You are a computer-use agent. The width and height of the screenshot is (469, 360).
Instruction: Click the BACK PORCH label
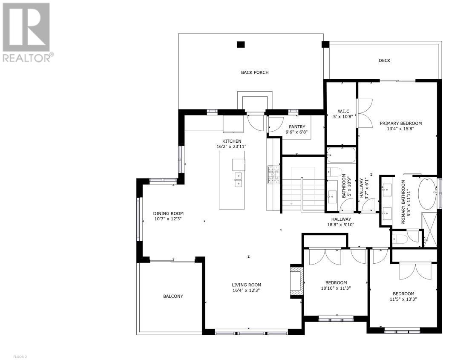pyautogui.click(x=255, y=72)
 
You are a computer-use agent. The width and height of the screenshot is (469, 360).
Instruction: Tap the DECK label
pyautogui.click(x=384, y=60)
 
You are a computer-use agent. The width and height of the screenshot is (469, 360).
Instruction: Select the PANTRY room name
pyautogui.click(x=297, y=127)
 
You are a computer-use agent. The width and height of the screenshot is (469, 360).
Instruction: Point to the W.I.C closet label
pyautogui.click(x=341, y=111)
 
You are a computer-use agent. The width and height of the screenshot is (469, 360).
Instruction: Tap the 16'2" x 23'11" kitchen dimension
pyautogui.click(x=231, y=147)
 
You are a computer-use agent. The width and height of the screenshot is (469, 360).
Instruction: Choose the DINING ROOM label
pyautogui.click(x=168, y=214)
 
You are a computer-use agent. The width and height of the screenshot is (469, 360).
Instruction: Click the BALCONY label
pyautogui.click(x=173, y=296)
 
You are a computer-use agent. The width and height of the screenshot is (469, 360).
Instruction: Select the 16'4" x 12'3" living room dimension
pyautogui.click(x=247, y=290)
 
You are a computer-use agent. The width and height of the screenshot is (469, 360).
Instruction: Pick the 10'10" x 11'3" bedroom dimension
pyautogui.click(x=336, y=288)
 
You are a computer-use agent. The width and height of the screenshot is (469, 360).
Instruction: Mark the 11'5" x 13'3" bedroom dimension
pyautogui.click(x=403, y=299)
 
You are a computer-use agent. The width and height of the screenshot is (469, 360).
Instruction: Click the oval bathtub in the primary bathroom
pyautogui.click(x=427, y=193)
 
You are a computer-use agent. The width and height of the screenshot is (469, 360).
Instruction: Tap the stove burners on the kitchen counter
pyautogui.click(x=273, y=175)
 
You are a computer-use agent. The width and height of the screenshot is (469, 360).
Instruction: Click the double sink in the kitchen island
pyautogui.click(x=238, y=179)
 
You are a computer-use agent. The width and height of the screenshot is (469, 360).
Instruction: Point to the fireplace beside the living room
pyautogui.click(x=297, y=281)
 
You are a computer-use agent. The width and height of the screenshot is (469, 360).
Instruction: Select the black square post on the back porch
pyautogui.click(x=241, y=45)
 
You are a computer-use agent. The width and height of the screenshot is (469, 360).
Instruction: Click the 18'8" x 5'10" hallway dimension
pyautogui.click(x=340, y=225)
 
